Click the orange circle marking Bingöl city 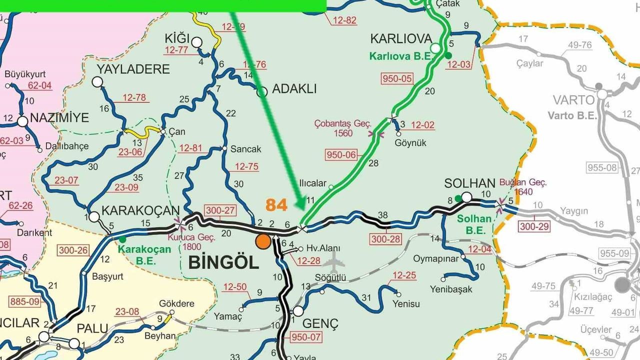(x=263, y=241)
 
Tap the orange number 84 (x=277, y=204)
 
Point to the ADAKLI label (x=294, y=89)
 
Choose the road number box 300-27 (x=219, y=211)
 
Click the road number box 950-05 (x=397, y=78)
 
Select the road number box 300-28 (x=386, y=239)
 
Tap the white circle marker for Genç (x=298, y=311)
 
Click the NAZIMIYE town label (x=59, y=118)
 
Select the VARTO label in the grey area (x=573, y=100)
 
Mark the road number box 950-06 (x=341, y=155)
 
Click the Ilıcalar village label (x=312, y=183)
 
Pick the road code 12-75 (x=246, y=167)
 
